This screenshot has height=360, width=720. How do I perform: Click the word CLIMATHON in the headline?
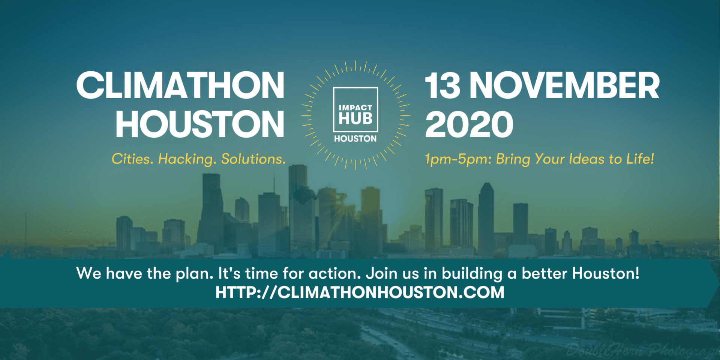180,85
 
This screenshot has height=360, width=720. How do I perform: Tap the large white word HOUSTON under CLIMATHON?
200,124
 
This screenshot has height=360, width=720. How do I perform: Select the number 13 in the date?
442,85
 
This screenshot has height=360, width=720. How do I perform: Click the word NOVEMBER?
564,85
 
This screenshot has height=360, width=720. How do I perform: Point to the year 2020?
469,124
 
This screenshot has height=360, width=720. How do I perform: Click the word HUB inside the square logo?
355,118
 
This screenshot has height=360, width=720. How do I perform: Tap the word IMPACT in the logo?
355,108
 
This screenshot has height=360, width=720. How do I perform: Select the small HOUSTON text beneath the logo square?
355,139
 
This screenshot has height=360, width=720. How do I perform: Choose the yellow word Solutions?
253,159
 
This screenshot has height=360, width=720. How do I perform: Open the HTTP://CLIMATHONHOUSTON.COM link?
360,292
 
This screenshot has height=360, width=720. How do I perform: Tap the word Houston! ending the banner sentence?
606,273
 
